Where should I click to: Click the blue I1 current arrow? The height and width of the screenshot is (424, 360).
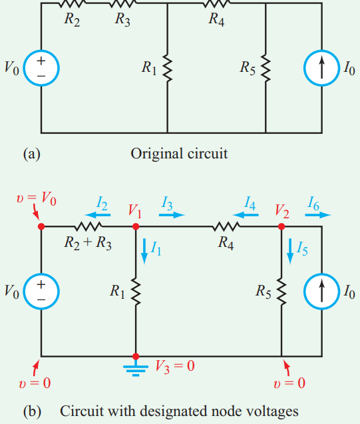click(x=144, y=250)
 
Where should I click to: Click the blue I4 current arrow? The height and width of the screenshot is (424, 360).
click(x=250, y=216)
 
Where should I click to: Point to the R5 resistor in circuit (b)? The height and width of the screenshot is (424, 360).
click(x=282, y=291)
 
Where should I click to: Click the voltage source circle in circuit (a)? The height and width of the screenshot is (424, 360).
click(x=41, y=68)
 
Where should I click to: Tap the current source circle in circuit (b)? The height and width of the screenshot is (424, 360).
click(x=321, y=291)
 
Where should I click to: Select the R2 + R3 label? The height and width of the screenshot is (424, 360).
click(x=89, y=242)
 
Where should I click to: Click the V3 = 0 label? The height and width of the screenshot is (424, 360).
click(x=174, y=366)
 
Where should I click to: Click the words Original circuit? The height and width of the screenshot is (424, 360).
click(x=179, y=154)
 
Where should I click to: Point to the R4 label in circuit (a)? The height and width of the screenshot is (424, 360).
click(x=216, y=19)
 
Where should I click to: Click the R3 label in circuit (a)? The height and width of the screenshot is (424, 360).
click(x=122, y=19)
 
